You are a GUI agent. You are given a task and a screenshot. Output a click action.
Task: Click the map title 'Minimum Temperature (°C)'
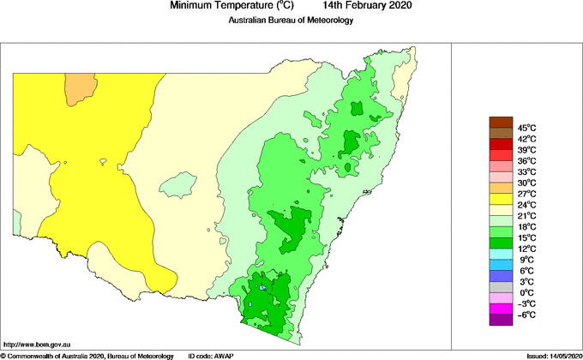[x=232, y=6]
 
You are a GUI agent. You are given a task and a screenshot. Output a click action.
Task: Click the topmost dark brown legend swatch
[x=501, y=122]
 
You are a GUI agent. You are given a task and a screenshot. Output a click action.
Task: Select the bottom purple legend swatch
[x=501, y=320]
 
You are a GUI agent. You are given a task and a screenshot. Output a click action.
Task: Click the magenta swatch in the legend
[x=501, y=309]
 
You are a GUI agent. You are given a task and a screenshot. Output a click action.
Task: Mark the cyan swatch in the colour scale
[x=501, y=254]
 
